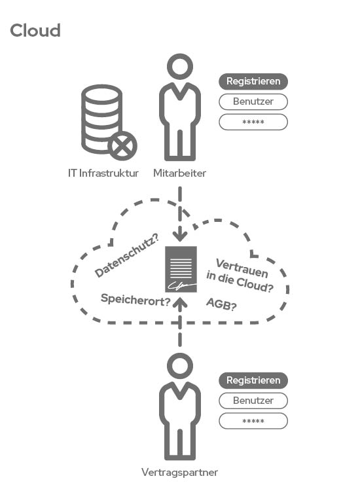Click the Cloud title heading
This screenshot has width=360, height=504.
tap(35, 31)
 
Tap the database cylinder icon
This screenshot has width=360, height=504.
tap(101, 119)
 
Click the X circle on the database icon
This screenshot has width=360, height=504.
tap(122, 145)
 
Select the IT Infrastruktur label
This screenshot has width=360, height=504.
tap(103, 173)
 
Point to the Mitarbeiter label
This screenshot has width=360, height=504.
tap(180, 173)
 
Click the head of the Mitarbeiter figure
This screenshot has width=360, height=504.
tap(180, 67)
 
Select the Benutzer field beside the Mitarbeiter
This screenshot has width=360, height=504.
tap(253, 101)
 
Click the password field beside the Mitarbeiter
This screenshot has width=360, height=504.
tap(253, 122)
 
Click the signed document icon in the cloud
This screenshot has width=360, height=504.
tap(181, 270)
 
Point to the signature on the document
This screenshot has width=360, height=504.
tap(178, 285)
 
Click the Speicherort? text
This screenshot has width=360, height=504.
tap(135, 300)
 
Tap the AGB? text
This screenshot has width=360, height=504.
tap(221, 304)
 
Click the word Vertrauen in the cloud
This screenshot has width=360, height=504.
tap(242, 268)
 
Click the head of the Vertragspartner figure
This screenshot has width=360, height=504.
tap(180, 366)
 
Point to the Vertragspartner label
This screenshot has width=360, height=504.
tap(180, 472)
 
